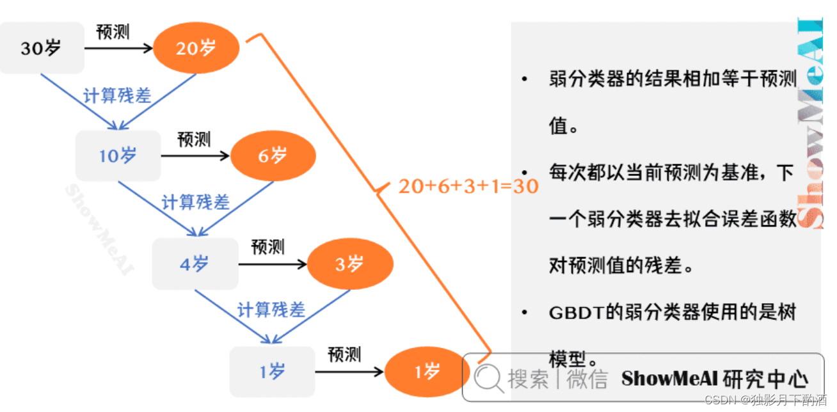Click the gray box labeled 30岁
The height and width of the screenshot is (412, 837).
(x=42, y=48)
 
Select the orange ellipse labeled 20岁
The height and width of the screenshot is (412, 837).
(x=196, y=47)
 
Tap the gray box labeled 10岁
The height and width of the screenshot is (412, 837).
(x=118, y=155)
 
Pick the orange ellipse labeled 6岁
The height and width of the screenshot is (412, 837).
(x=273, y=155)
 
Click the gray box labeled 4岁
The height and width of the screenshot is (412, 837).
(x=195, y=264)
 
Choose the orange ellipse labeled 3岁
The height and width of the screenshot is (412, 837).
(x=350, y=264)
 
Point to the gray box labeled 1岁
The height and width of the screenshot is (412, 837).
(x=272, y=372)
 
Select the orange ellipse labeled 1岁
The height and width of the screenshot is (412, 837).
(x=427, y=372)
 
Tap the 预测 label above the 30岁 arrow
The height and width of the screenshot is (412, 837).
(x=113, y=32)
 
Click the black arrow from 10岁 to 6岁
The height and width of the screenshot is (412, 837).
(x=195, y=155)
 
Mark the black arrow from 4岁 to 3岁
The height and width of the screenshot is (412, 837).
(x=273, y=264)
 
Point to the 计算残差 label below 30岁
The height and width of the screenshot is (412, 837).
(x=117, y=96)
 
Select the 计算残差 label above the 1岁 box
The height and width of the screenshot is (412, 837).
(x=271, y=310)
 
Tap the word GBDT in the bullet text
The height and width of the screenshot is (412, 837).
(x=573, y=313)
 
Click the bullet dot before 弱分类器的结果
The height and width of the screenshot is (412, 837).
(x=525, y=79)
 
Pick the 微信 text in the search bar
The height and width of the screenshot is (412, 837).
(x=587, y=379)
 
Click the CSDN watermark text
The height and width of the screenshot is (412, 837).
(x=720, y=400)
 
